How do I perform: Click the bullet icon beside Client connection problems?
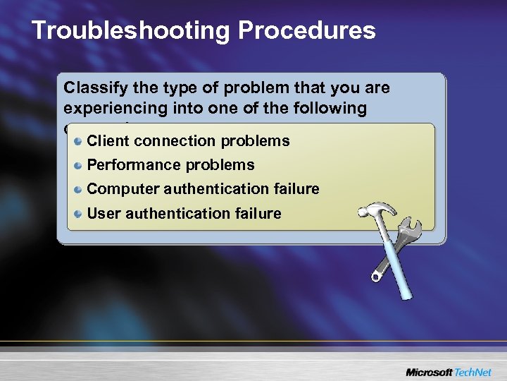pos(79,141)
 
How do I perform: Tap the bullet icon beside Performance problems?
pos(79,165)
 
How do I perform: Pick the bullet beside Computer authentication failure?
pos(79,189)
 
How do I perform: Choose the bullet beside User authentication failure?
pos(79,213)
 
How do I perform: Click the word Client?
pos(108,141)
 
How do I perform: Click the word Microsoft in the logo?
pos(429,371)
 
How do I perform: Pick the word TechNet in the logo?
pos(473,371)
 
